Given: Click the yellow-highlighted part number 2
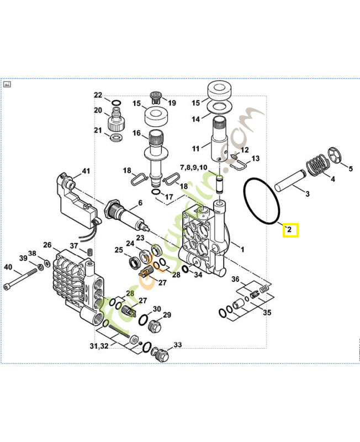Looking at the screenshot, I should pos(290,229).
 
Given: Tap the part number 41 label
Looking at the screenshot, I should pos(86,171).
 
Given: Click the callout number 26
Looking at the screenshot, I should pos(47,245).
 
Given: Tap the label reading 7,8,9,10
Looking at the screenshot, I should pos(193,167).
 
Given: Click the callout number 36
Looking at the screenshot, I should pos(235,279).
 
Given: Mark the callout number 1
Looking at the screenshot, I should pos(241,249).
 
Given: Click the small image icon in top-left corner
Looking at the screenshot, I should pos(8,85).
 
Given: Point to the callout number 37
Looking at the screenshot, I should pos(74,246).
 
